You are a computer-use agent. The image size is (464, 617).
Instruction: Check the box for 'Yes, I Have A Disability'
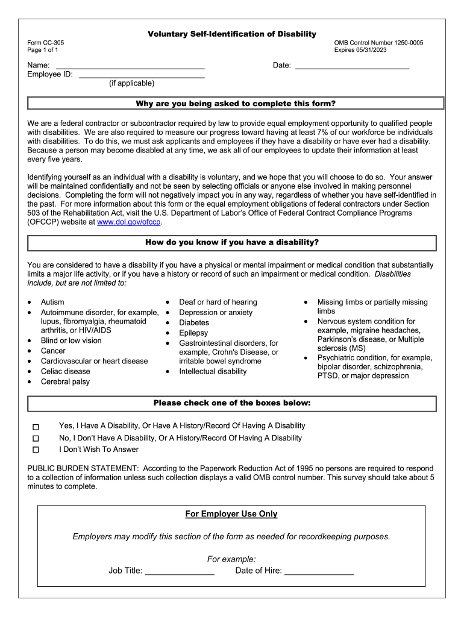coord(36,427)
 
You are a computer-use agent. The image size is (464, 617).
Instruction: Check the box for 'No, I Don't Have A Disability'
coord(36,439)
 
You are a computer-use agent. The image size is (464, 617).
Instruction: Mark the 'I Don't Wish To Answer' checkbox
coord(36,449)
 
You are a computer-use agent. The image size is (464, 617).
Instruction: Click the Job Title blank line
coord(179,571)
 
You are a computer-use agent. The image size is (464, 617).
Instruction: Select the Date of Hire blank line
coord(319,571)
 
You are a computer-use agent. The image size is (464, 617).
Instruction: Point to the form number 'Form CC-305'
coord(46,43)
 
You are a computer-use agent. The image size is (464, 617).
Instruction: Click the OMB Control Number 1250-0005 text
coord(378,43)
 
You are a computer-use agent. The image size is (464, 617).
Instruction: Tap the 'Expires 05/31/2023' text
coord(360,50)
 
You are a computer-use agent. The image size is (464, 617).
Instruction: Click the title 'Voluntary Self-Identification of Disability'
coord(232,34)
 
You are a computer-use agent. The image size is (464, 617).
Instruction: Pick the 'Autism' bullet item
coord(52,302)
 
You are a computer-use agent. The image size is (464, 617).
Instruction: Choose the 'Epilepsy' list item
coord(193,333)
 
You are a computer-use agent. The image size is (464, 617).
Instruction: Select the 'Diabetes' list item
coord(194,322)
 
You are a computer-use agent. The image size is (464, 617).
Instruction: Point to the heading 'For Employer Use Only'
coord(231,514)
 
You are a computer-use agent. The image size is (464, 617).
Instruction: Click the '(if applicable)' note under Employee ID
coord(131,83)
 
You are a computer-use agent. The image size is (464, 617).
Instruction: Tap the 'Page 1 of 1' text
coord(43,50)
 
